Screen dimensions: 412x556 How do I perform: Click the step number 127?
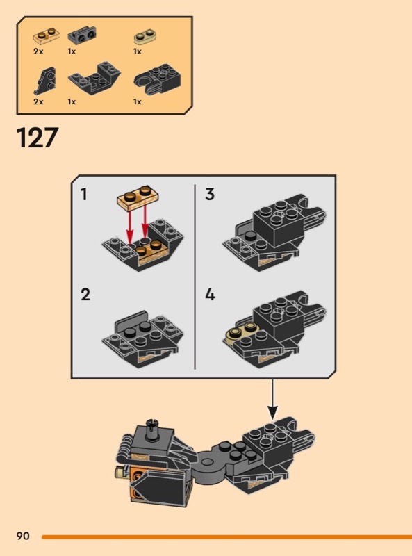[x=38, y=138]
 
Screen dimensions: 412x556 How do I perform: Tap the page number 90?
[x=23, y=536]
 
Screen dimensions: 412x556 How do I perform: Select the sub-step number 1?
[x=83, y=195]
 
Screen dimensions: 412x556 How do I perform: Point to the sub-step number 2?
[x=85, y=295]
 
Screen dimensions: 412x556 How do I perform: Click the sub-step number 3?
[x=210, y=195]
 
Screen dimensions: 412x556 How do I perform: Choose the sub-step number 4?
[x=211, y=295]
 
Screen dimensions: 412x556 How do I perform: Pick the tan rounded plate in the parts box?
[x=145, y=37]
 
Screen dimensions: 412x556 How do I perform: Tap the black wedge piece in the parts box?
[x=45, y=81]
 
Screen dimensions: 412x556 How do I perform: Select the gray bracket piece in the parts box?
[x=82, y=35]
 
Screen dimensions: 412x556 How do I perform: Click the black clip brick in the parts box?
[x=157, y=80]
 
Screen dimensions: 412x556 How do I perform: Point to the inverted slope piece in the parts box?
[x=94, y=78]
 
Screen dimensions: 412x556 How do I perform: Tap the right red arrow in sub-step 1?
[x=145, y=219]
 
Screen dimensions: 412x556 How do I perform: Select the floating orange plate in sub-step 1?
[x=138, y=196]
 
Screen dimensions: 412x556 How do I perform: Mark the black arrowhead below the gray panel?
[x=272, y=411]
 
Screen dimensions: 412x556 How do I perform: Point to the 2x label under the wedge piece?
[x=38, y=101]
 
